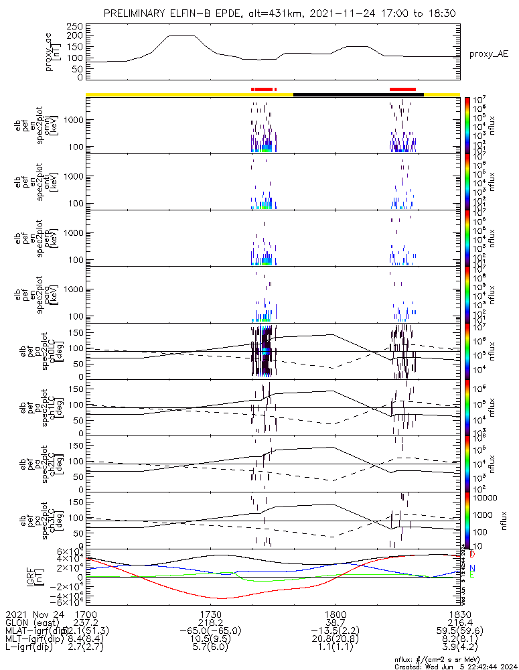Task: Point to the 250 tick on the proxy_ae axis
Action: [x=76, y=25]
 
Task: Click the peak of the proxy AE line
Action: [x=179, y=35]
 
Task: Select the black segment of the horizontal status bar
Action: [x=358, y=94]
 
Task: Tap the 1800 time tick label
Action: [x=335, y=614]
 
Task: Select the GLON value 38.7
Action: [x=335, y=622]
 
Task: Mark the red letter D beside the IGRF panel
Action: [x=472, y=555]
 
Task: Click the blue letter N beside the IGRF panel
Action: [x=472, y=567]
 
